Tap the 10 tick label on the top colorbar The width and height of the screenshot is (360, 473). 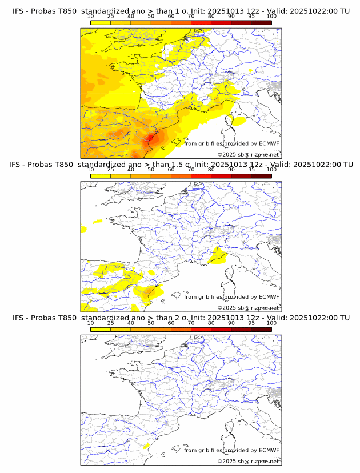91,17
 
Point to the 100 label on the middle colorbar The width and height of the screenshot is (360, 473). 271,170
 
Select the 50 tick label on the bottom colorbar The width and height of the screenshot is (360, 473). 151,323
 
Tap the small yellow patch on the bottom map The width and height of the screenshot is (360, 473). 146,446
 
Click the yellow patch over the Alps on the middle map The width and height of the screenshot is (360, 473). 217,256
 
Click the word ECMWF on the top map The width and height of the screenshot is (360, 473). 269,143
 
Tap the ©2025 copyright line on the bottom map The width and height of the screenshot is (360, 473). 248,461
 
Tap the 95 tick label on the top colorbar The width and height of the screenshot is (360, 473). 251,17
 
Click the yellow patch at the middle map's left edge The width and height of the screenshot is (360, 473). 83,230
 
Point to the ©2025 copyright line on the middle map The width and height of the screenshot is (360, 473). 248,308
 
